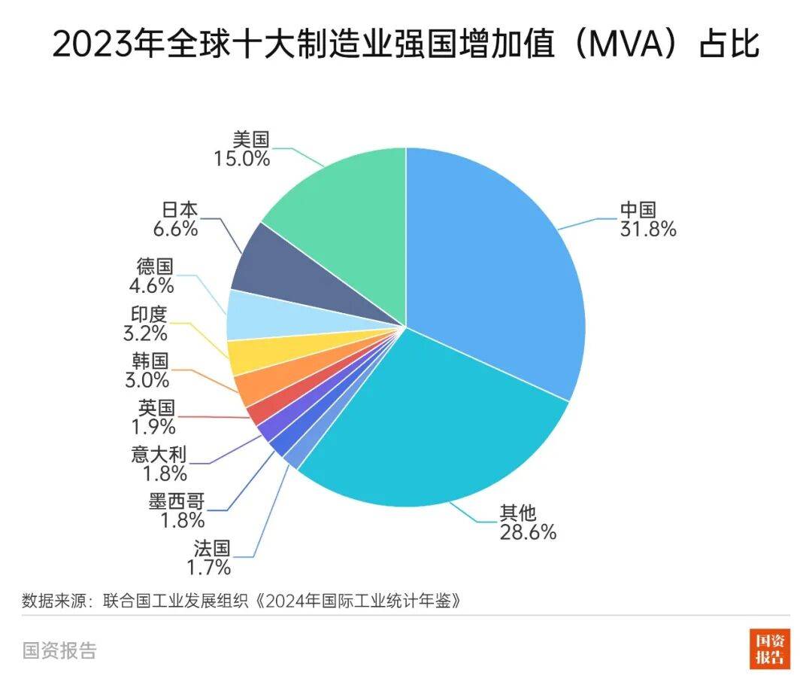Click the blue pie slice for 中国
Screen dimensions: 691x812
[x=496, y=271]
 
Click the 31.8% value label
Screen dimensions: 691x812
[x=648, y=229]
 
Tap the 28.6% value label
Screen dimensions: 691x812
[x=528, y=532]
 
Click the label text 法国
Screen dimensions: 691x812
[x=211, y=547]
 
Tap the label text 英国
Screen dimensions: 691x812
[x=157, y=408]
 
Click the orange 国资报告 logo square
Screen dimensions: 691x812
[x=769, y=648]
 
